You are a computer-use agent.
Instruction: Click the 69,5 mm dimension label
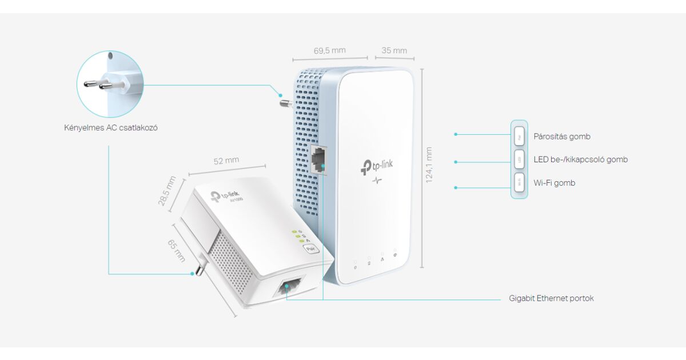[x=330, y=50]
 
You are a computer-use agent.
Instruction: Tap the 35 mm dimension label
[x=394, y=50]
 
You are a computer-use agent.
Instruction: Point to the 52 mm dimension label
[x=226, y=161]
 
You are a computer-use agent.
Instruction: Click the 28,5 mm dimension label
[x=167, y=191]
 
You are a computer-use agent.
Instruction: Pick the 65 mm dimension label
[x=176, y=250]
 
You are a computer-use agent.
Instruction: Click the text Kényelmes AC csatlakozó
[x=111, y=127]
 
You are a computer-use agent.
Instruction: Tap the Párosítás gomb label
[x=562, y=137]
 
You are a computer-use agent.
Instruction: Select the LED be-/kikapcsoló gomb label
[x=580, y=159]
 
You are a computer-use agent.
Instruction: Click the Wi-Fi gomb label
[x=554, y=183]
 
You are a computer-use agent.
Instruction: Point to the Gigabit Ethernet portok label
[x=551, y=298]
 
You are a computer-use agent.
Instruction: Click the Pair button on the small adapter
[x=310, y=249]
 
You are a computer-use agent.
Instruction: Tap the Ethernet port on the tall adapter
[x=318, y=158]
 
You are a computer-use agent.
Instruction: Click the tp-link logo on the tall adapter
[x=377, y=166]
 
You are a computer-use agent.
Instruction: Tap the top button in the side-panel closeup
[x=519, y=137]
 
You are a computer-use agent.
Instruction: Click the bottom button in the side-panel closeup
[x=519, y=183]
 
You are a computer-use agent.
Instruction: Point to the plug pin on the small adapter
[x=201, y=267]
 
